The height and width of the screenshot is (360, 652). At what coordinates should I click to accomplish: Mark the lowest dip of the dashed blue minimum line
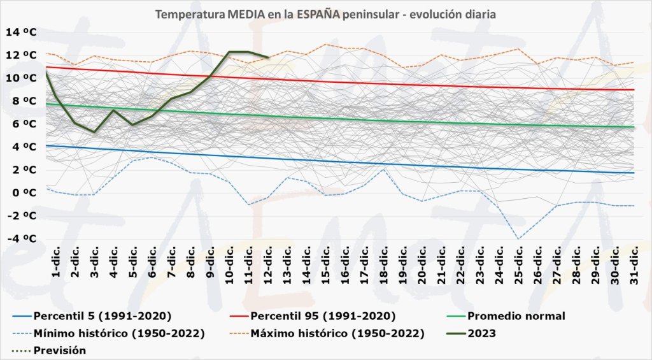tap(519, 238)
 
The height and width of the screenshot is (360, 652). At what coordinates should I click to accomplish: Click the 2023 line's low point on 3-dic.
tap(94, 132)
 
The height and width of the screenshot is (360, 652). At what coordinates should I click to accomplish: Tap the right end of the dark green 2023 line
tap(268, 57)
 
